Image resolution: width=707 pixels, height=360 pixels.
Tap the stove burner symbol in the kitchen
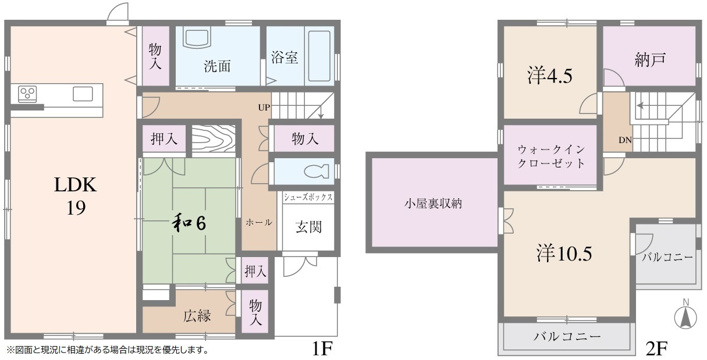pyautogui.click(x=27, y=92)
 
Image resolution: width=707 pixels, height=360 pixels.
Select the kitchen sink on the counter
pyautogui.click(x=82, y=92)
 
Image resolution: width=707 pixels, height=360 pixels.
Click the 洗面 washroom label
pyautogui.click(x=217, y=66)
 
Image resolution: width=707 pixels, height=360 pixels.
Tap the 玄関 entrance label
pyautogui.click(x=308, y=227)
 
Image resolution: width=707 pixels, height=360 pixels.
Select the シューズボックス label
pyautogui.click(x=308, y=198)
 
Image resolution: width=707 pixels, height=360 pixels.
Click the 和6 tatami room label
pyautogui.click(x=188, y=223)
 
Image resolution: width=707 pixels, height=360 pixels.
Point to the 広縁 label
pyautogui.click(x=197, y=316)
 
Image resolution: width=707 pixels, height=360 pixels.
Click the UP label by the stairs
pyautogui.click(x=265, y=108)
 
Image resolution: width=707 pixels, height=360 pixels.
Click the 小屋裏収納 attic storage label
pyautogui.click(x=433, y=204)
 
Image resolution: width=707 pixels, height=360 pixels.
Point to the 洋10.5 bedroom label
pyautogui.click(x=564, y=254)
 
